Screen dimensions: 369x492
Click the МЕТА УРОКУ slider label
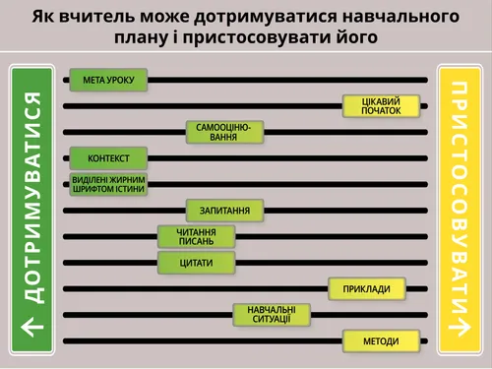tap(108, 80)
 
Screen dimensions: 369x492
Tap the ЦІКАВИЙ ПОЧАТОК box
tap(381, 106)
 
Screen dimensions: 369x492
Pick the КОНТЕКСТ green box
tap(108, 158)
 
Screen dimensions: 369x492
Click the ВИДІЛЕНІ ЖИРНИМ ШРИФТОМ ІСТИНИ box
tap(108, 184)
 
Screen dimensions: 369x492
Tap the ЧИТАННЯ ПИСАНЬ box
tap(197, 236)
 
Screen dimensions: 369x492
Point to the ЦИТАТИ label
tap(197, 263)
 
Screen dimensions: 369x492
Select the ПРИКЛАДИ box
tap(366, 288)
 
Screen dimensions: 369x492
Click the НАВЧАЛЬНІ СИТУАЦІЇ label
tap(271, 315)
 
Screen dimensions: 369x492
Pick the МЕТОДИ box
tap(381, 341)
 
